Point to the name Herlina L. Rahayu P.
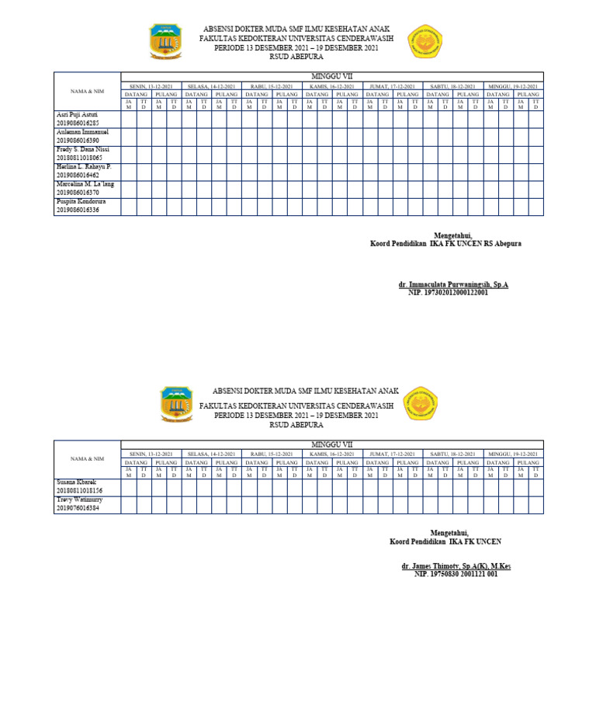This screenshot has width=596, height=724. tap(84, 166)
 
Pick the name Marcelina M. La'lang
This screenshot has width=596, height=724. tap(85, 183)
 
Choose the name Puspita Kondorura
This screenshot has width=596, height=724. tap(81, 201)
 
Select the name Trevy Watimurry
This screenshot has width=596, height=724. tap(79, 499)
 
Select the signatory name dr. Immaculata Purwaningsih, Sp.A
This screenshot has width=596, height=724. tap(453, 286)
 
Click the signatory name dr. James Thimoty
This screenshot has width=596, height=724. tap(456, 566)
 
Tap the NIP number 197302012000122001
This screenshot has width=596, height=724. tap(448, 294)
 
